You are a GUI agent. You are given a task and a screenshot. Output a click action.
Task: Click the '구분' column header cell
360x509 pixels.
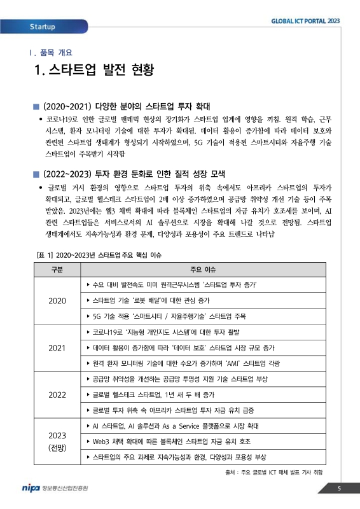57,269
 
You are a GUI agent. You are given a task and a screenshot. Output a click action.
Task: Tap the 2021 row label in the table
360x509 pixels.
57,348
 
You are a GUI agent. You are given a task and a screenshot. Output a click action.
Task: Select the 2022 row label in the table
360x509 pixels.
57,395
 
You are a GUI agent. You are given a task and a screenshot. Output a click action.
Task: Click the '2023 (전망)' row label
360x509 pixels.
57,442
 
